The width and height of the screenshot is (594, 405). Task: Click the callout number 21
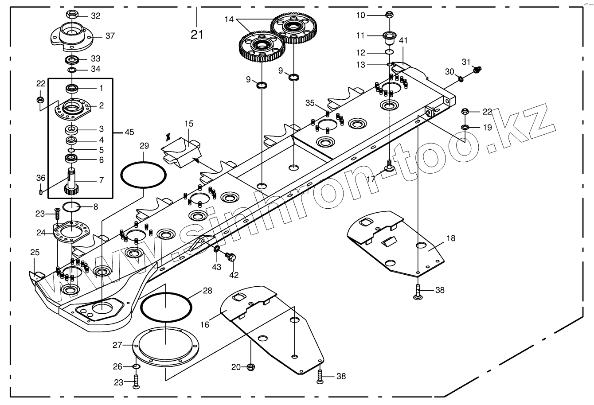[197, 35]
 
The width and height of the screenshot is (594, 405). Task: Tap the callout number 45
[129, 132]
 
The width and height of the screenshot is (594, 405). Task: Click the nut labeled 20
[250, 367]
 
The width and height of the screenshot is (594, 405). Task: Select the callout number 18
[450, 238]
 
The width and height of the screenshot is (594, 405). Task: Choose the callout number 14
[229, 19]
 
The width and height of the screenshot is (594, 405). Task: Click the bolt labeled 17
[389, 166]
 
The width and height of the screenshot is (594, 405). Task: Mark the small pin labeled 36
[40, 191]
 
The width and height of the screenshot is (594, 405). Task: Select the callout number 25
[35, 253]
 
